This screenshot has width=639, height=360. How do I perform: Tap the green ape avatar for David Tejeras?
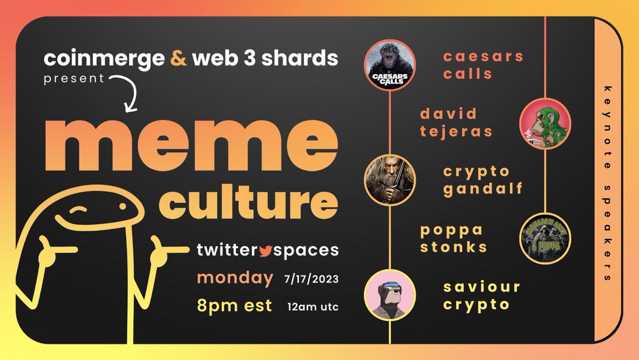[545, 124]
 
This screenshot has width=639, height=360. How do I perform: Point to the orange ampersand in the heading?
[179, 58]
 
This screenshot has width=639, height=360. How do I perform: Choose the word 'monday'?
[235, 277]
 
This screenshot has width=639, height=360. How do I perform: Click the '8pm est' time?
[234, 306]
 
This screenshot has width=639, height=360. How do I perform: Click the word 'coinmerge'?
[104, 58]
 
